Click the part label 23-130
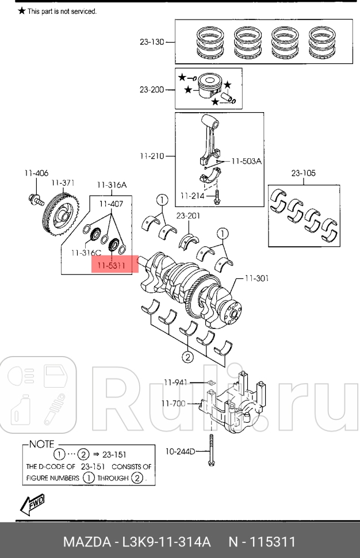coord(152,42)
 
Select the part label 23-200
coord(152,90)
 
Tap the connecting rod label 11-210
coord(152,156)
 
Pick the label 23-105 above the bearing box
coord(303,173)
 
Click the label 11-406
coord(36,173)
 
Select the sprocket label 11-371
coord(63,182)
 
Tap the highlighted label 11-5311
coord(111,266)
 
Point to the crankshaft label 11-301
coord(256,278)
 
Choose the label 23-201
coord(187,216)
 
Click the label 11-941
coord(175,382)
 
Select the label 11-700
coord(174,403)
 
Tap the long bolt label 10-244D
coord(181,450)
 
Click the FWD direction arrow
coord(32,503)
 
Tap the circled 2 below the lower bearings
coord(187,357)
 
